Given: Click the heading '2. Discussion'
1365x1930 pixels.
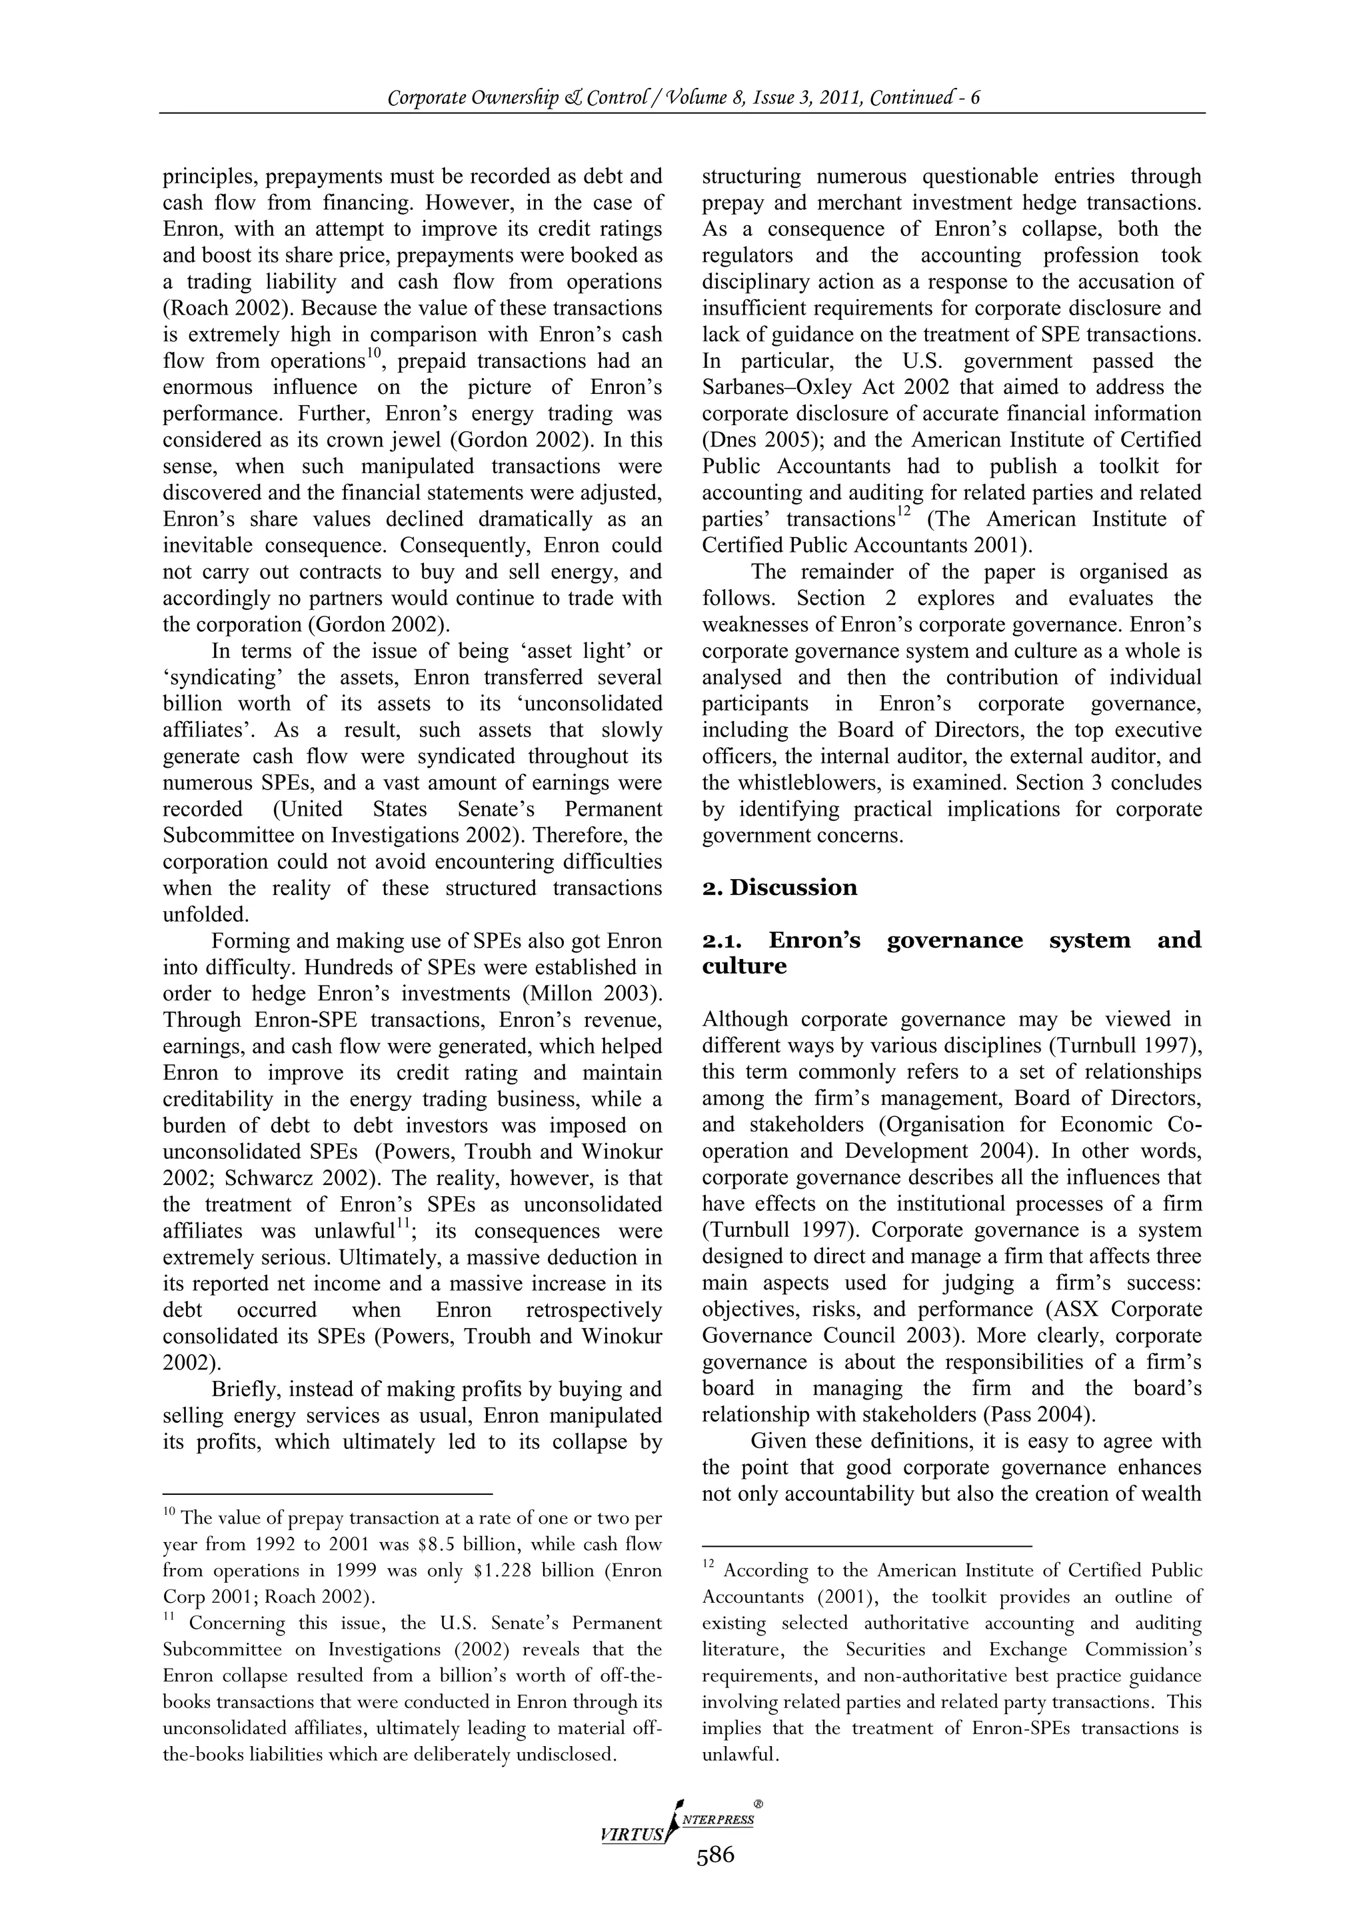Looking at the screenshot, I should [779, 888].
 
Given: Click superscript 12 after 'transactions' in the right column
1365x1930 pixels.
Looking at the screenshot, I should [902, 510].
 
